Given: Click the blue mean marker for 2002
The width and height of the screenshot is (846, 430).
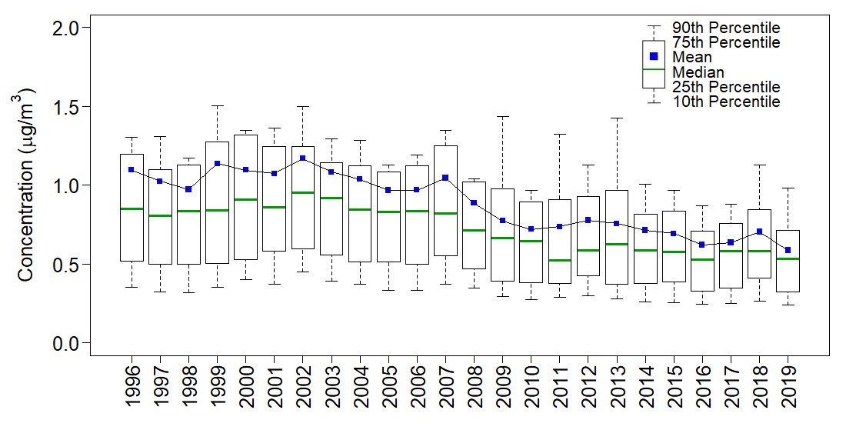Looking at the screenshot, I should [302, 158].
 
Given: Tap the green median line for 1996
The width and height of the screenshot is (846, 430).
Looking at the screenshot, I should [132, 208].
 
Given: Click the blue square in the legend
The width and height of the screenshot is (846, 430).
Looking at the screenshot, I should [653, 56].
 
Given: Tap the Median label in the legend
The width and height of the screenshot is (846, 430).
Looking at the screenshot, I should [698, 72].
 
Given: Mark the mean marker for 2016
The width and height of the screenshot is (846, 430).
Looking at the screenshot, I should [702, 245].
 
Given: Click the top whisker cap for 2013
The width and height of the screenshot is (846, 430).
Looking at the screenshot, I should [617, 118].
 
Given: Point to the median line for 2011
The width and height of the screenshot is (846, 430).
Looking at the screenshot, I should [560, 260].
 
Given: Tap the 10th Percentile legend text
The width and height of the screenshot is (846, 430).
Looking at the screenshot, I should [725, 102].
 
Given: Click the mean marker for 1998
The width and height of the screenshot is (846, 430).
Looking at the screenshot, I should [188, 189].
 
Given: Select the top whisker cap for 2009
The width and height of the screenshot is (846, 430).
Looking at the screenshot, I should [503, 116].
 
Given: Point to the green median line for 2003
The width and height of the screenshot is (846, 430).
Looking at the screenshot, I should [331, 198].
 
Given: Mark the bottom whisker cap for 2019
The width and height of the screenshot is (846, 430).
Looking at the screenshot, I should [788, 305].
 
